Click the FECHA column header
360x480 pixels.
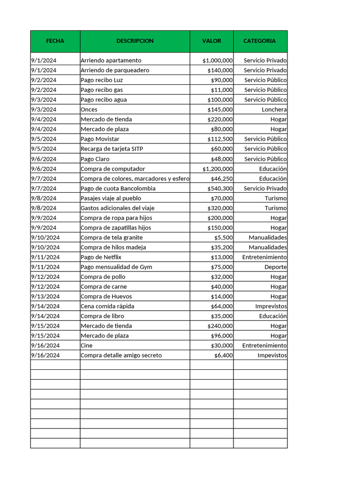[55, 41]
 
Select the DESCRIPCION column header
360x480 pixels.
[135, 41]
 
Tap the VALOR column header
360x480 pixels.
[211, 41]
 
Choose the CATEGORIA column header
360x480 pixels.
[260, 41]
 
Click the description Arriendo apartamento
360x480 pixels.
[111, 60]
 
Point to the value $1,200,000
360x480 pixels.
[217, 169]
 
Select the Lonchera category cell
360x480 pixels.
[274, 110]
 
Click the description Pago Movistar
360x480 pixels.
[100, 139]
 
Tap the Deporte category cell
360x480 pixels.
[275, 267]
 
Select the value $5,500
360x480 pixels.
[223, 238]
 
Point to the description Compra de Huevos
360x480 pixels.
[106, 297]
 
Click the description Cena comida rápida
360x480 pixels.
[107, 307]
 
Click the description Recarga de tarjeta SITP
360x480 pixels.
[112, 149]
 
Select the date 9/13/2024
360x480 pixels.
[45, 297]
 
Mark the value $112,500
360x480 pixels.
[220, 139]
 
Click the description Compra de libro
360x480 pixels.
[103, 316]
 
